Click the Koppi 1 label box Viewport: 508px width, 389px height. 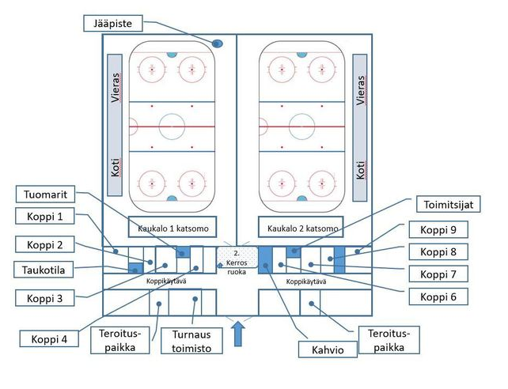[45, 217]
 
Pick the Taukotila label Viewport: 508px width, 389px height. [45, 269]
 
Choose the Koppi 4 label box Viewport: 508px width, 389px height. [47, 339]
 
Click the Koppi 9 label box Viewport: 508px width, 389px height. [437, 231]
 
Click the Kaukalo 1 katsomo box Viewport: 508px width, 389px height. [168, 228]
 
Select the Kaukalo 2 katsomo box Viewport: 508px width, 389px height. [302, 228]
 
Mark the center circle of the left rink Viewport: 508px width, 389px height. [171, 126]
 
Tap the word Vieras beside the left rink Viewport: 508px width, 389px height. [116, 88]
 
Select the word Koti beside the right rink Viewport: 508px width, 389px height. [361, 168]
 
